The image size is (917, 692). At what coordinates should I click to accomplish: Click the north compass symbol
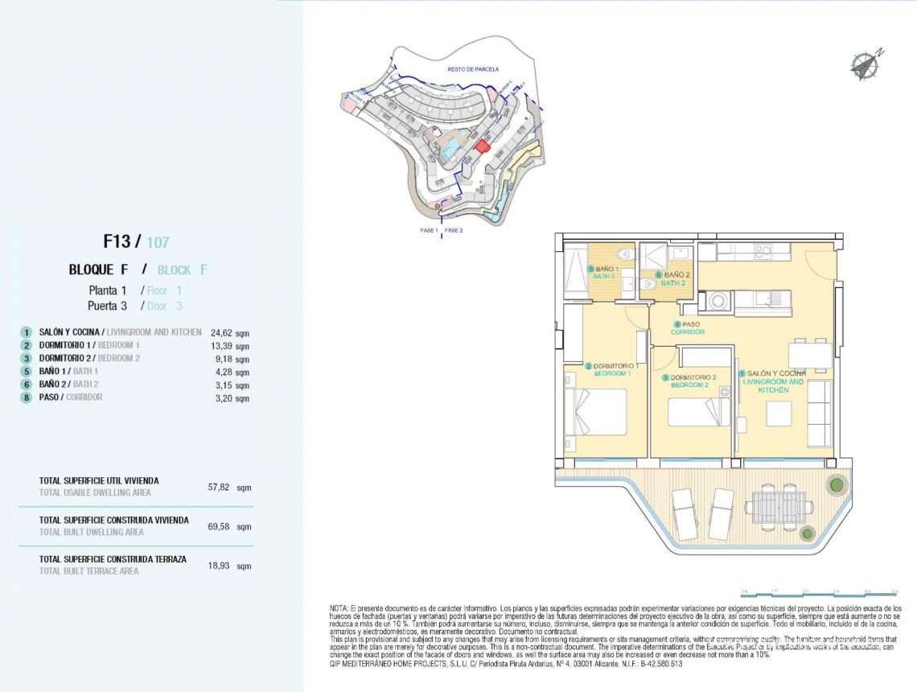pos(866,64)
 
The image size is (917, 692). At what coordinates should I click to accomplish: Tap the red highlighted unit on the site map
pos(482,146)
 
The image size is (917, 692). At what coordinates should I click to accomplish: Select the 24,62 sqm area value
pos(230,332)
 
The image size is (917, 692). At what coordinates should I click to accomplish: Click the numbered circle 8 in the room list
pos(27,397)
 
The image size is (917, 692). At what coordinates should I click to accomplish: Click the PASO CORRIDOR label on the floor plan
pos(688,328)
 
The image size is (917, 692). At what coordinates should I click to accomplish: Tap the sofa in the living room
pos(819,414)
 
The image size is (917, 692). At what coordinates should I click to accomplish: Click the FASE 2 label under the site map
pos(454,231)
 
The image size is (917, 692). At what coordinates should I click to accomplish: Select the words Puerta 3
pos(107,306)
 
